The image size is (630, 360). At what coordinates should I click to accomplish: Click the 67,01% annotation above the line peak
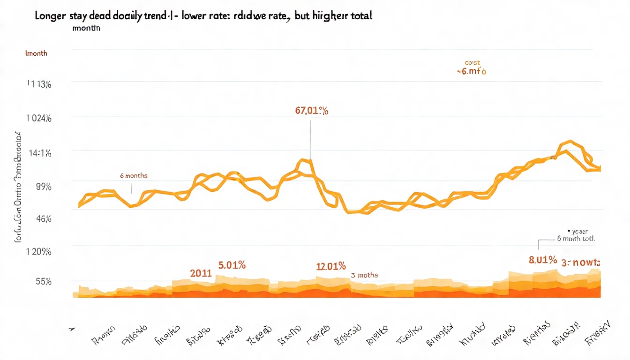point(312,111)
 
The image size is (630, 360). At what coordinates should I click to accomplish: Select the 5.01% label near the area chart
point(232,265)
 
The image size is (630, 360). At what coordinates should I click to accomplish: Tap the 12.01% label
point(331,266)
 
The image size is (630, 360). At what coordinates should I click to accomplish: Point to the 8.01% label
point(543,260)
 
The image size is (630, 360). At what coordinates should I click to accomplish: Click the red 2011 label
point(201,273)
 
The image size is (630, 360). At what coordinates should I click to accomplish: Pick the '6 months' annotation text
point(134,176)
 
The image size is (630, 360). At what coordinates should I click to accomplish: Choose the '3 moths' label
point(364,275)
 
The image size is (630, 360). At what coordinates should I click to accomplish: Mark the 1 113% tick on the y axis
point(38,84)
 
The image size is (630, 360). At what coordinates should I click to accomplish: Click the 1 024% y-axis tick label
point(38,118)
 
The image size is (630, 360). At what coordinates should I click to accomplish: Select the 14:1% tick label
point(39,153)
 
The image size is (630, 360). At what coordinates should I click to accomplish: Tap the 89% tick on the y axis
point(43,187)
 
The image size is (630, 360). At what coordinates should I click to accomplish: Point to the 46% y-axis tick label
point(43,218)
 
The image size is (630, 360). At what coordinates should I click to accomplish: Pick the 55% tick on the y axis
point(43,282)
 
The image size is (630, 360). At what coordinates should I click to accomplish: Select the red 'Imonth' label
point(36,53)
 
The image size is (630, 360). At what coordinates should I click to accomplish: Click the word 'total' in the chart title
point(360,15)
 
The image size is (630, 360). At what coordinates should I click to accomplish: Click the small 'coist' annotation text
point(472,63)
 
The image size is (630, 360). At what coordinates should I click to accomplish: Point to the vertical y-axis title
point(19,187)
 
